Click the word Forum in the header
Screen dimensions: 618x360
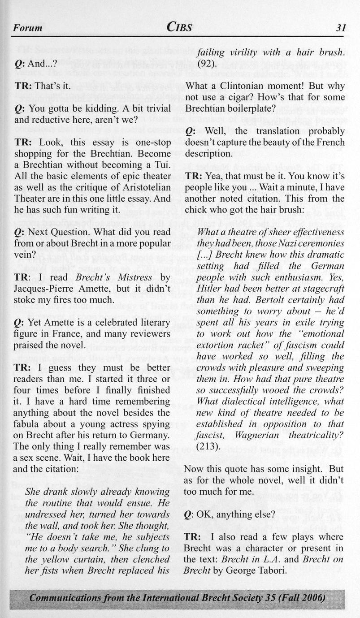click(x=27, y=28)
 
